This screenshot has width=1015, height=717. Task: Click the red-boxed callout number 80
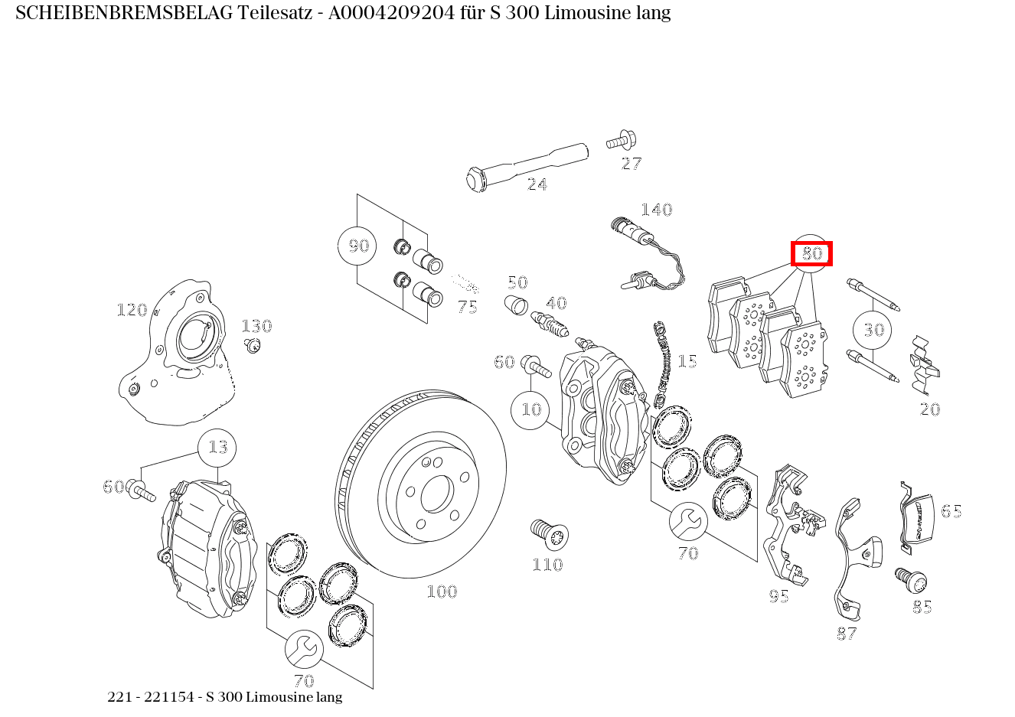tap(811, 253)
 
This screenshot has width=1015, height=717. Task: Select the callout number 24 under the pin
tap(537, 184)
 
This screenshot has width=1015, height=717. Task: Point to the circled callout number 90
tap(358, 246)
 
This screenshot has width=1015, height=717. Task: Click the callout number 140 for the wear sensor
tap(656, 210)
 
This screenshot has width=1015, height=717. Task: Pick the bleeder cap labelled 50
tap(517, 305)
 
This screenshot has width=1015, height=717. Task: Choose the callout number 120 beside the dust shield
tap(132, 310)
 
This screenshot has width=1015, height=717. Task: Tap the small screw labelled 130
tap(252, 346)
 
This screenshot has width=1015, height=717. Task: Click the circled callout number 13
tap(217, 447)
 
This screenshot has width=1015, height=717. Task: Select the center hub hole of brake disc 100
tap(436, 494)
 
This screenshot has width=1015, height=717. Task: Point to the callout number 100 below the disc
tap(442, 592)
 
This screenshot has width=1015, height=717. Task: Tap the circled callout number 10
tap(530, 409)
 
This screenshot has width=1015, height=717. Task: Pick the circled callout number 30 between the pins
tap(873, 330)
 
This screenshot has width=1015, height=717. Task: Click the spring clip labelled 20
tap(924, 365)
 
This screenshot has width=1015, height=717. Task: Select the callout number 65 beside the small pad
tap(951, 511)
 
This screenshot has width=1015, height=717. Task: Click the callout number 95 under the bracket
tap(778, 596)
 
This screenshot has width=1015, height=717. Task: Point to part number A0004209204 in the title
tap(395, 13)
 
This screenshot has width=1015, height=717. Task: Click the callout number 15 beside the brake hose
tap(687, 361)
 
